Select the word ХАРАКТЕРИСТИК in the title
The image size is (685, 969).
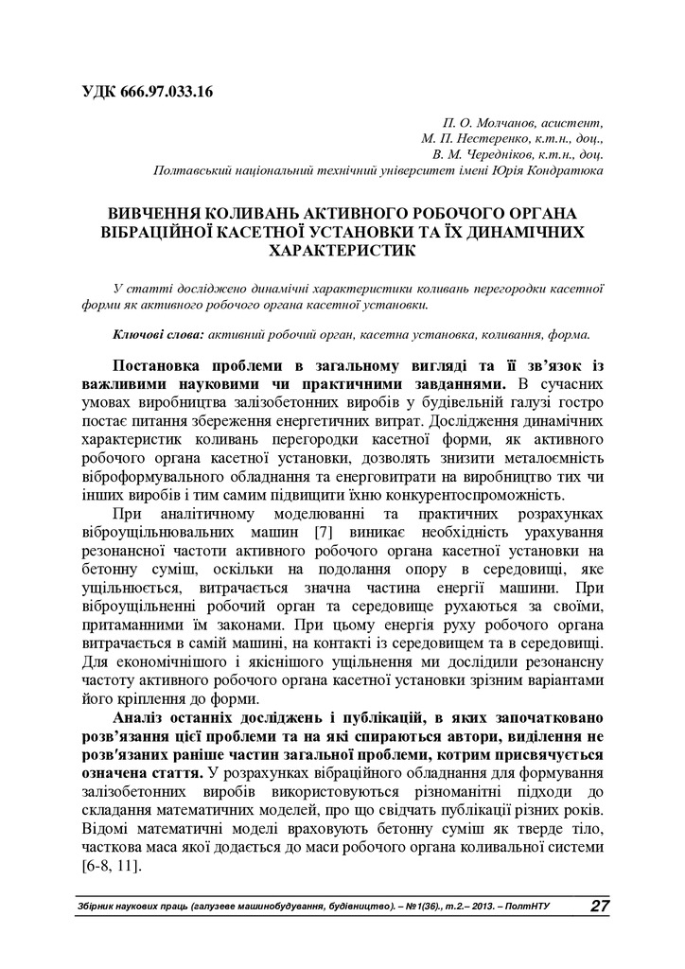342,252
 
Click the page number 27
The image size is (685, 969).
599,907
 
